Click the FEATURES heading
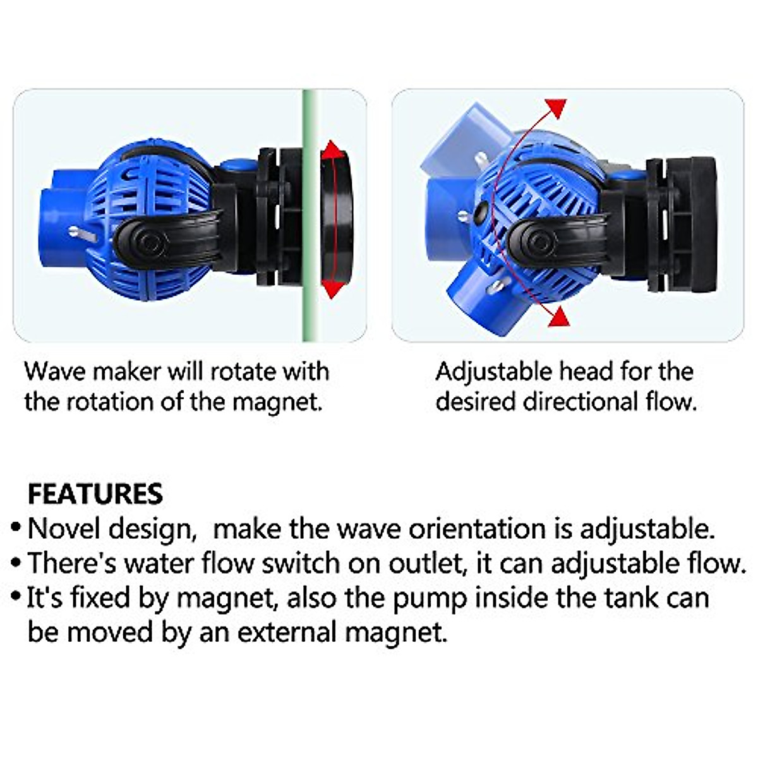(x=95, y=493)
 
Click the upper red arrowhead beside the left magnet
(x=332, y=152)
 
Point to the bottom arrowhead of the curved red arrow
(x=558, y=318)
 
